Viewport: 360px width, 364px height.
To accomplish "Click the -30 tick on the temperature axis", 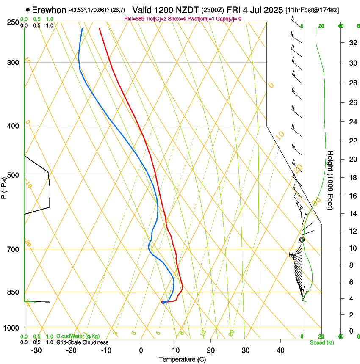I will [x=36, y=350].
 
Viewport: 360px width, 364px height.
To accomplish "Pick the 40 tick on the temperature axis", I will [x=280, y=350].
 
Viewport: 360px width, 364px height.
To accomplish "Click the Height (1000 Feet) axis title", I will [x=331, y=180].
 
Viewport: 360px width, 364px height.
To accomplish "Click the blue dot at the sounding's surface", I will [x=163, y=302].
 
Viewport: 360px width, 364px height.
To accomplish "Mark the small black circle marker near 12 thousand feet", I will [x=302, y=240].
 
